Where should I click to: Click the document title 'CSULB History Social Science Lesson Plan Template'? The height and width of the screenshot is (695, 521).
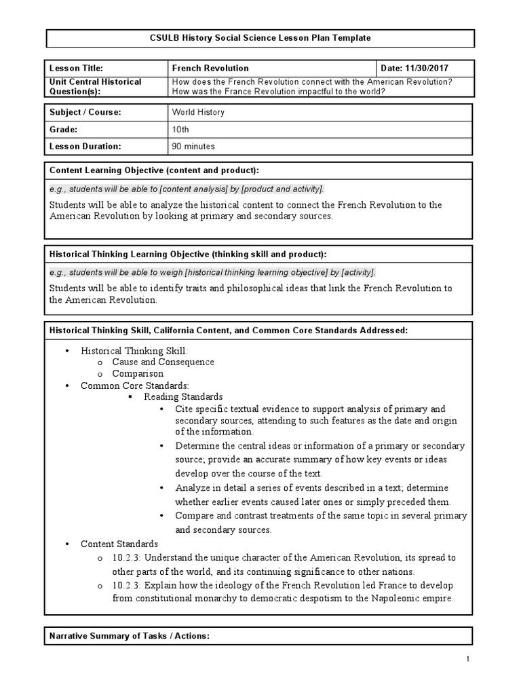260,38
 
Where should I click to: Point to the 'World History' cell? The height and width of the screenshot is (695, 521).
198,113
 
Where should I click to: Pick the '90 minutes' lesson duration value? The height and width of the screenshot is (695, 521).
193,146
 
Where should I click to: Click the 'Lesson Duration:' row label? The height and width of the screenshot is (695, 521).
85,146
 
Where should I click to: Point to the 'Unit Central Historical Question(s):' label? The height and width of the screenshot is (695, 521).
96,87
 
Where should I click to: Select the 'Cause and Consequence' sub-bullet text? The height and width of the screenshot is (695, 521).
163,362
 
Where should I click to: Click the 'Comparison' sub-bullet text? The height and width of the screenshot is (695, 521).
138,374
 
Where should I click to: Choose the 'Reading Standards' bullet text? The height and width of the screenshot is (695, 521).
183,397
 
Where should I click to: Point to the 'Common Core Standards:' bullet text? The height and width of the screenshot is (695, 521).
134,386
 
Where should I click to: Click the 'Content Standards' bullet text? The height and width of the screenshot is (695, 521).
119,544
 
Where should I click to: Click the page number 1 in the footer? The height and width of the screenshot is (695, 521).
468,660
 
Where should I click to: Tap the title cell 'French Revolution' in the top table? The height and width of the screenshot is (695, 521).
211,69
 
